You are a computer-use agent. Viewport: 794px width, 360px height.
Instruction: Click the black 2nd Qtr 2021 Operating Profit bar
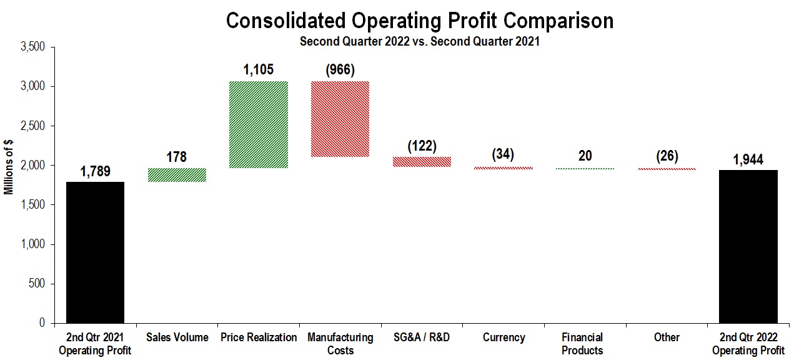(95, 252)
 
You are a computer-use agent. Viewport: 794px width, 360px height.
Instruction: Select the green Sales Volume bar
(177, 175)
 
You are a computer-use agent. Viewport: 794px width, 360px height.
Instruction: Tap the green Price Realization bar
(259, 124)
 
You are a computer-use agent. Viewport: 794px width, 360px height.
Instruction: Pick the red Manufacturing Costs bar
(340, 119)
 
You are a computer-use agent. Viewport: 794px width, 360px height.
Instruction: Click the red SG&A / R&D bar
(422, 162)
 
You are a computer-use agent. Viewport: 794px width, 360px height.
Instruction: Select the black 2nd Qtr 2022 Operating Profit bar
(748, 246)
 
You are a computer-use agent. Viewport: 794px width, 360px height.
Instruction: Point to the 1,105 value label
(259, 69)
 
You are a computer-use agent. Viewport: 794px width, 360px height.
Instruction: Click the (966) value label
(340, 69)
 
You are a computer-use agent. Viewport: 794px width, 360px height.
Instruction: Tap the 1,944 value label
(748, 160)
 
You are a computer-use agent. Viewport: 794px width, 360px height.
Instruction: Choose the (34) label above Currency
(503, 154)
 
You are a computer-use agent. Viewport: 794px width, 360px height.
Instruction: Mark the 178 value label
(177, 156)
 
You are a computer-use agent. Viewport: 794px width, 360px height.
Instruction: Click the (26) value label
(667, 156)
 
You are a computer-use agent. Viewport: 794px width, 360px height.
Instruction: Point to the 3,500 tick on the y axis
(33, 47)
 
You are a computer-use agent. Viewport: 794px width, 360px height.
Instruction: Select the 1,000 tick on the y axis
(33, 244)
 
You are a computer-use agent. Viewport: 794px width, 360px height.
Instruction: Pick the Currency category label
(503, 337)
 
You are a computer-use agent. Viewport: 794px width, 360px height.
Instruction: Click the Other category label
(667, 337)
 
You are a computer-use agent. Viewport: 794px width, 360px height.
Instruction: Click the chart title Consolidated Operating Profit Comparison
(419, 21)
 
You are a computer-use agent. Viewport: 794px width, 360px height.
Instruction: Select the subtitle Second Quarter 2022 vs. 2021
(419, 42)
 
